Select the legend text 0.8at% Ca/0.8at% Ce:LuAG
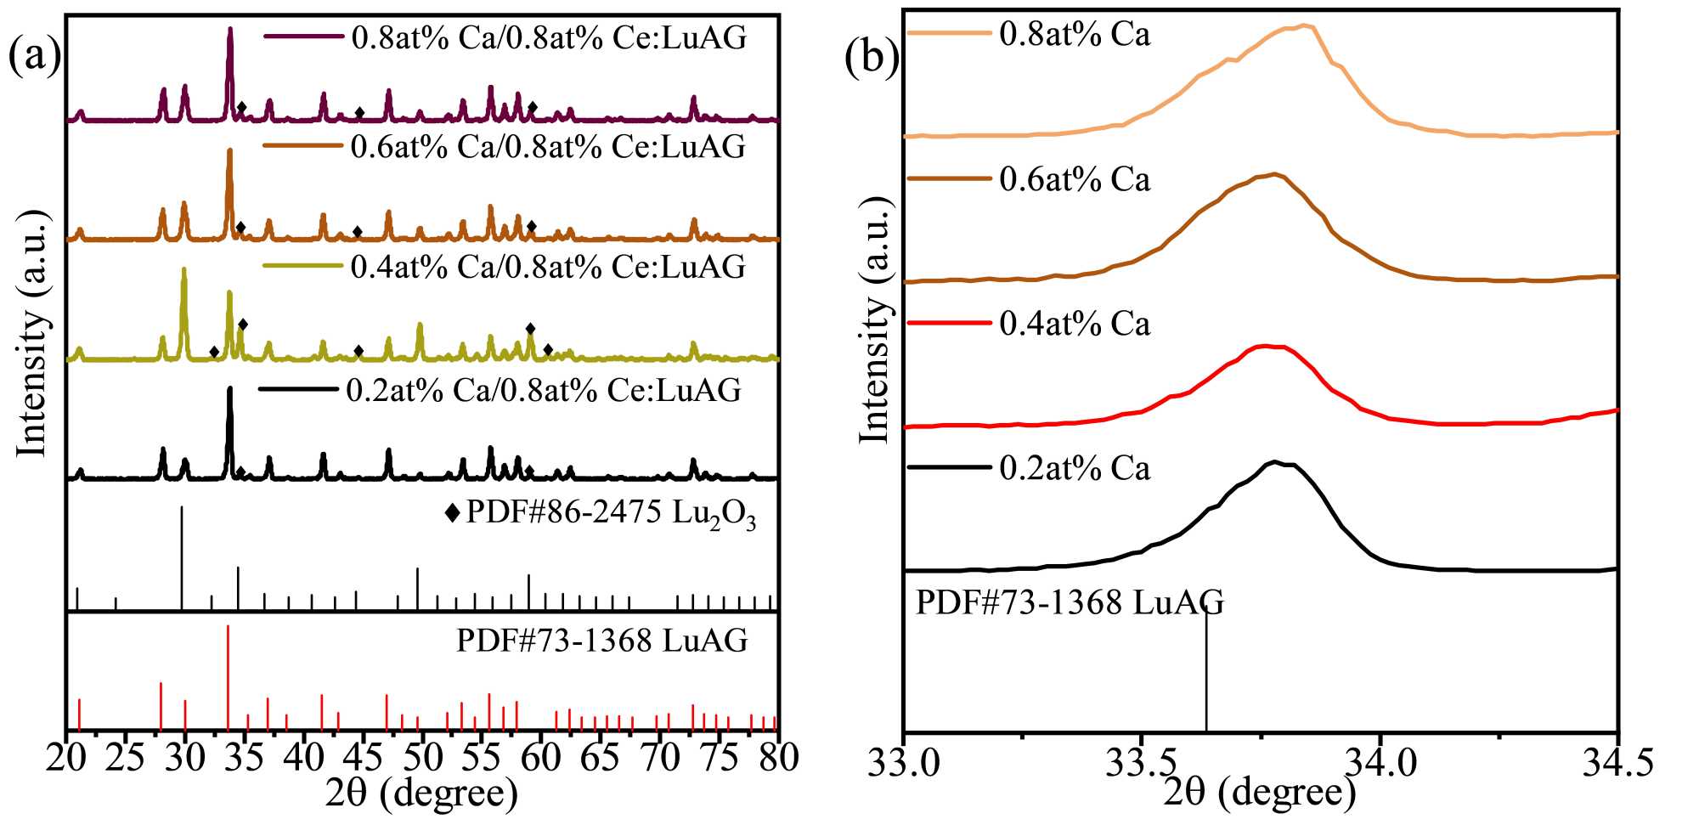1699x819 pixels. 549,37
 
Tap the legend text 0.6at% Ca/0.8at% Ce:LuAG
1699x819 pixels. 548,146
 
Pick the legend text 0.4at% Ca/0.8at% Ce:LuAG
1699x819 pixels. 548,267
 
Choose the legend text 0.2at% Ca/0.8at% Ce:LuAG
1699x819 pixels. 544,390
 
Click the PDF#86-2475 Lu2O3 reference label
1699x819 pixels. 611,513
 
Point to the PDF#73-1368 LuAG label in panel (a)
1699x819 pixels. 601,640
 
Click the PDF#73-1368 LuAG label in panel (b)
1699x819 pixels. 1070,602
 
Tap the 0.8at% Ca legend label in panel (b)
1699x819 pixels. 1075,34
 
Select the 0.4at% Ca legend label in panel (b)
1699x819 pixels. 1075,324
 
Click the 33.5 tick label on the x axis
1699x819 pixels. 1143,762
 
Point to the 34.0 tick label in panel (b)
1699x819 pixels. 1380,762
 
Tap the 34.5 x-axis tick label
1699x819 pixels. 1617,762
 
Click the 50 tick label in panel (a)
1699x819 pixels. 422,756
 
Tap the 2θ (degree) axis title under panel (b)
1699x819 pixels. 1260,793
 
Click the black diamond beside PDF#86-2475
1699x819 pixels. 453,513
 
